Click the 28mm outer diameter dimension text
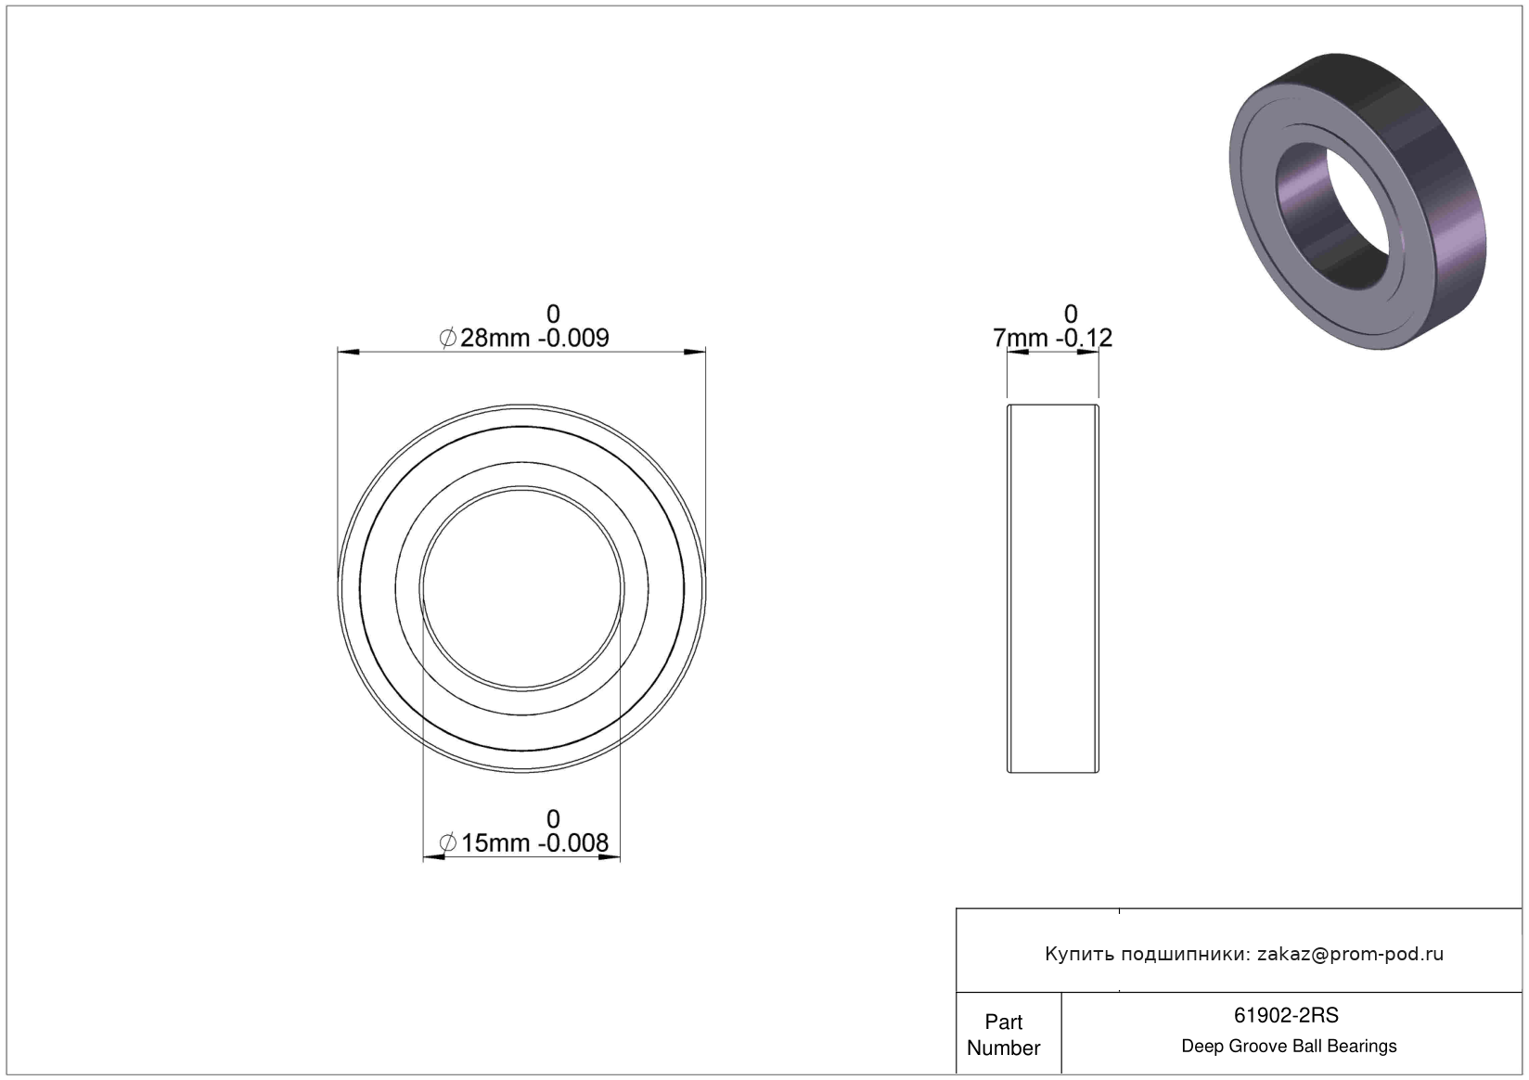(x=495, y=338)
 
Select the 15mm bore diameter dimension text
(x=495, y=843)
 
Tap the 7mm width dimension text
(x=1021, y=338)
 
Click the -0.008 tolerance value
(x=573, y=843)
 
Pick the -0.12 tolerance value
(x=1084, y=338)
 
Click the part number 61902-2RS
(x=1286, y=1015)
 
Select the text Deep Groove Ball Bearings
(x=1289, y=1046)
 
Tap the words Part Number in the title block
(x=1004, y=1035)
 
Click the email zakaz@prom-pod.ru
(x=1350, y=954)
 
